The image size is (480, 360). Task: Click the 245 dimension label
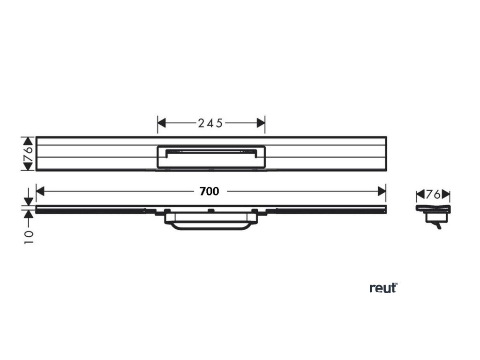tap(211, 123)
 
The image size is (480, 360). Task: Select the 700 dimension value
tap(210, 191)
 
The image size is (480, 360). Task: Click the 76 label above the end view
tap(433, 194)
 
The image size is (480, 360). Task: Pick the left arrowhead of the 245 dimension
tap(162, 123)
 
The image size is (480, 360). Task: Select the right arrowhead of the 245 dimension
tap(261, 123)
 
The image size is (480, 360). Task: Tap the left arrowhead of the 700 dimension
tap(40, 191)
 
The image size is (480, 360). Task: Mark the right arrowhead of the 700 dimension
tap(382, 191)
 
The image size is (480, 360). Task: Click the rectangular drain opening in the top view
tap(211, 156)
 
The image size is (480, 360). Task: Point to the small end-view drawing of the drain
tap(433, 213)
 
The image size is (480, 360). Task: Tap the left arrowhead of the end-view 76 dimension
tap(420, 194)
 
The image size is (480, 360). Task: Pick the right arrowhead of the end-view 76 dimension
tap(446, 194)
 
